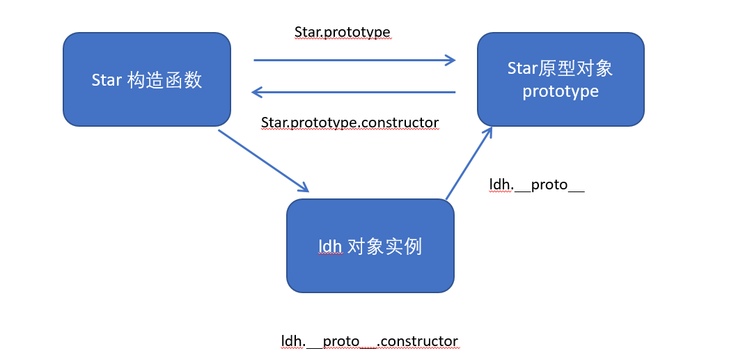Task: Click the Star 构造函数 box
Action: click(147, 79)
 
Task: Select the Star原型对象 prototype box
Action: click(561, 79)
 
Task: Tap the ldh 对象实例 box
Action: click(370, 246)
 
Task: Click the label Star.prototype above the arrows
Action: click(342, 32)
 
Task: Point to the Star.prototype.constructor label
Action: click(350, 123)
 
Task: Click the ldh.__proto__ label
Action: click(537, 185)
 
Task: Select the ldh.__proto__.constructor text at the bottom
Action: click(370, 341)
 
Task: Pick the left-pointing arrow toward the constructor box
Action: click(354, 92)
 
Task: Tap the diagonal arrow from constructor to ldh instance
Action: click(263, 160)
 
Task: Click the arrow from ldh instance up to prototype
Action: click(469, 164)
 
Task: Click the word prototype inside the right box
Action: click(561, 91)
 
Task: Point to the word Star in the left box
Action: click(107, 80)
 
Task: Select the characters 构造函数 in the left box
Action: click(164, 80)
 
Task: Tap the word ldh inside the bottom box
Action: click(329, 246)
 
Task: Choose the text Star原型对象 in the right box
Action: click(561, 68)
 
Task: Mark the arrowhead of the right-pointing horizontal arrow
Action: click(451, 60)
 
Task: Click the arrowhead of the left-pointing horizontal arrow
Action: click(256, 92)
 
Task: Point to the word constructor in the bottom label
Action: click(420, 341)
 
